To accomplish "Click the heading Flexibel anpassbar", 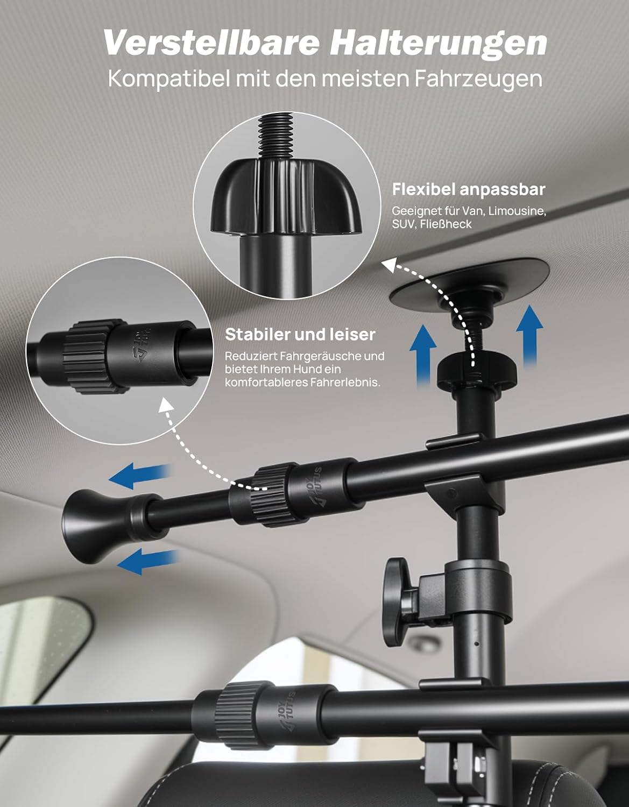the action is click(469, 189).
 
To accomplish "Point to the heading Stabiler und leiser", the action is click(300, 334).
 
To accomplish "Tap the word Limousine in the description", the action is click(517, 211).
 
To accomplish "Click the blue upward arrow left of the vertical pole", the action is click(423, 354).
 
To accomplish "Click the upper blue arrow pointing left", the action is click(140, 477).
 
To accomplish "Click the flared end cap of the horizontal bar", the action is click(97, 525).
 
